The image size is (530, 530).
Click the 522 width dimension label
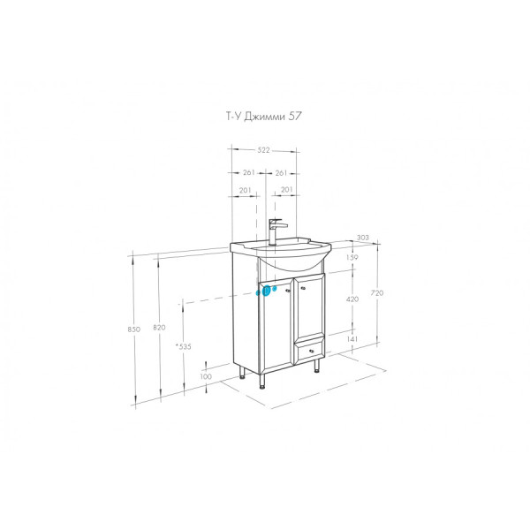coord(264,152)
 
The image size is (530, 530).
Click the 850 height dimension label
coord(134,329)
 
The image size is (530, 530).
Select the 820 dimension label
coord(159,329)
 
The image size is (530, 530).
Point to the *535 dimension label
coord(184,345)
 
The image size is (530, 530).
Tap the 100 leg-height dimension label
coord(207,377)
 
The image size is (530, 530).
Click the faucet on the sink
coord(274,231)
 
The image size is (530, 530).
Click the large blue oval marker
coord(266,290)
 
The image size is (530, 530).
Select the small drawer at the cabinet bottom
coord(307,352)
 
